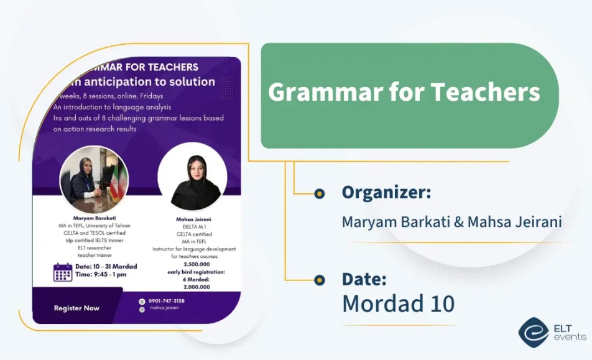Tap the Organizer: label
pyautogui.click(x=386, y=193)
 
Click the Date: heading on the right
pyautogui.click(x=364, y=279)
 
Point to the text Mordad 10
pyautogui.click(x=398, y=303)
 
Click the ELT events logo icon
pyautogui.click(x=533, y=332)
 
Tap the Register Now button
pyautogui.click(x=76, y=308)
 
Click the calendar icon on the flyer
pyautogui.click(x=63, y=272)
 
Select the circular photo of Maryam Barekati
pyautogui.click(x=94, y=180)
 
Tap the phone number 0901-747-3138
pyautogui.click(x=166, y=301)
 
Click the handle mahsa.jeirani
pyautogui.click(x=164, y=308)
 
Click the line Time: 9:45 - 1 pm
pyautogui.click(x=100, y=274)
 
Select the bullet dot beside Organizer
pyautogui.click(x=320, y=193)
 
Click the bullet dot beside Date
pyautogui.click(x=320, y=280)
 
